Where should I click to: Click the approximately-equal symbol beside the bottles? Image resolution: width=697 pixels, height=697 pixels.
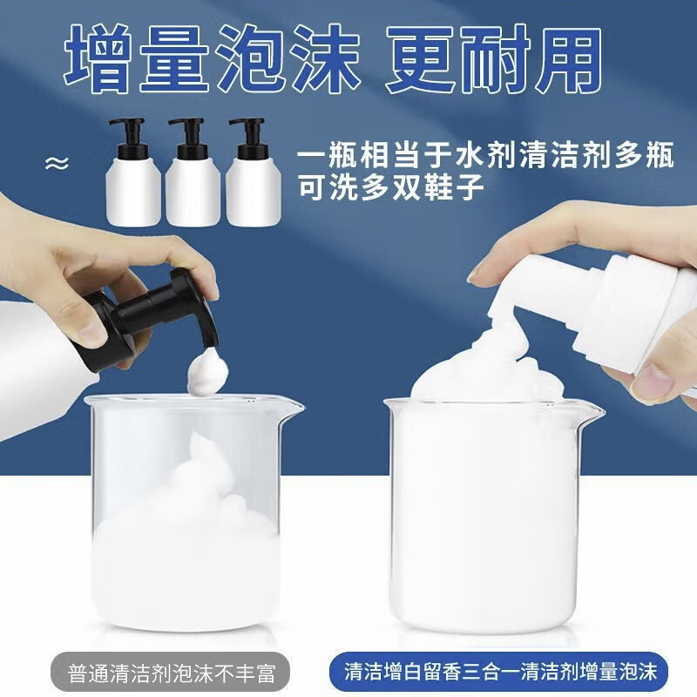pyautogui.click(x=59, y=163)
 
